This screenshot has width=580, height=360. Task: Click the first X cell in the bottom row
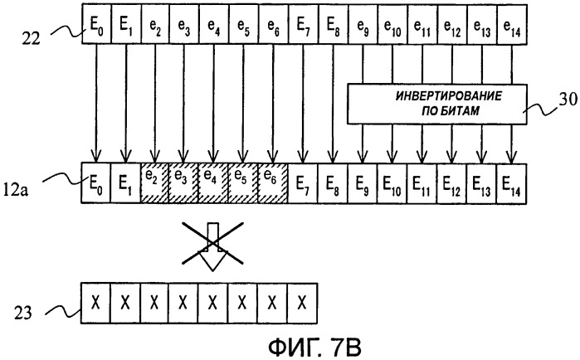tap(96, 299)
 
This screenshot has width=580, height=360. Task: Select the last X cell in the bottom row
tap(304, 299)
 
